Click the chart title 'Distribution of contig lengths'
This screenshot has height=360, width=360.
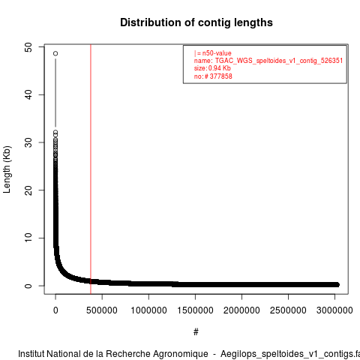pos(196,22)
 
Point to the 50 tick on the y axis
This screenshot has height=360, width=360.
pos(28,47)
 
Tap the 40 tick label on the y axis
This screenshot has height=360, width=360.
pos(28,94)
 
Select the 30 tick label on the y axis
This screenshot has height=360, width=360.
pos(28,142)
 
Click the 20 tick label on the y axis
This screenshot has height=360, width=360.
pos(28,190)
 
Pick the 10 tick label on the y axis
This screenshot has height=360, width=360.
pos(28,238)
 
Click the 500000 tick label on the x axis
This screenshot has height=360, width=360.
pos(102,310)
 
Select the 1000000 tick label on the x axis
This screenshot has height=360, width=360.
pos(148,310)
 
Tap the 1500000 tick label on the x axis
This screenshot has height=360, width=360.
pos(195,310)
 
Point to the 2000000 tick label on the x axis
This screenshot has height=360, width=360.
pos(241,310)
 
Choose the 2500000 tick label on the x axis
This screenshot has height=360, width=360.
pos(288,310)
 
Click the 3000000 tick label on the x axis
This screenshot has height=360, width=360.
pos(334,310)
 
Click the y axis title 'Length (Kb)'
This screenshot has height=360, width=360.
pos(7,169)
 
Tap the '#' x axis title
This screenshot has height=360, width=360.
pos(196,332)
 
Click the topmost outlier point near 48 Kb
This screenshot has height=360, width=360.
pos(55,53)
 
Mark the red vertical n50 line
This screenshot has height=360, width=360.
pos(91,169)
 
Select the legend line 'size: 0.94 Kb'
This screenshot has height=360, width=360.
pos(212,68)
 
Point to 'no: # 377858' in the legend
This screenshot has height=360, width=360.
pos(213,76)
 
